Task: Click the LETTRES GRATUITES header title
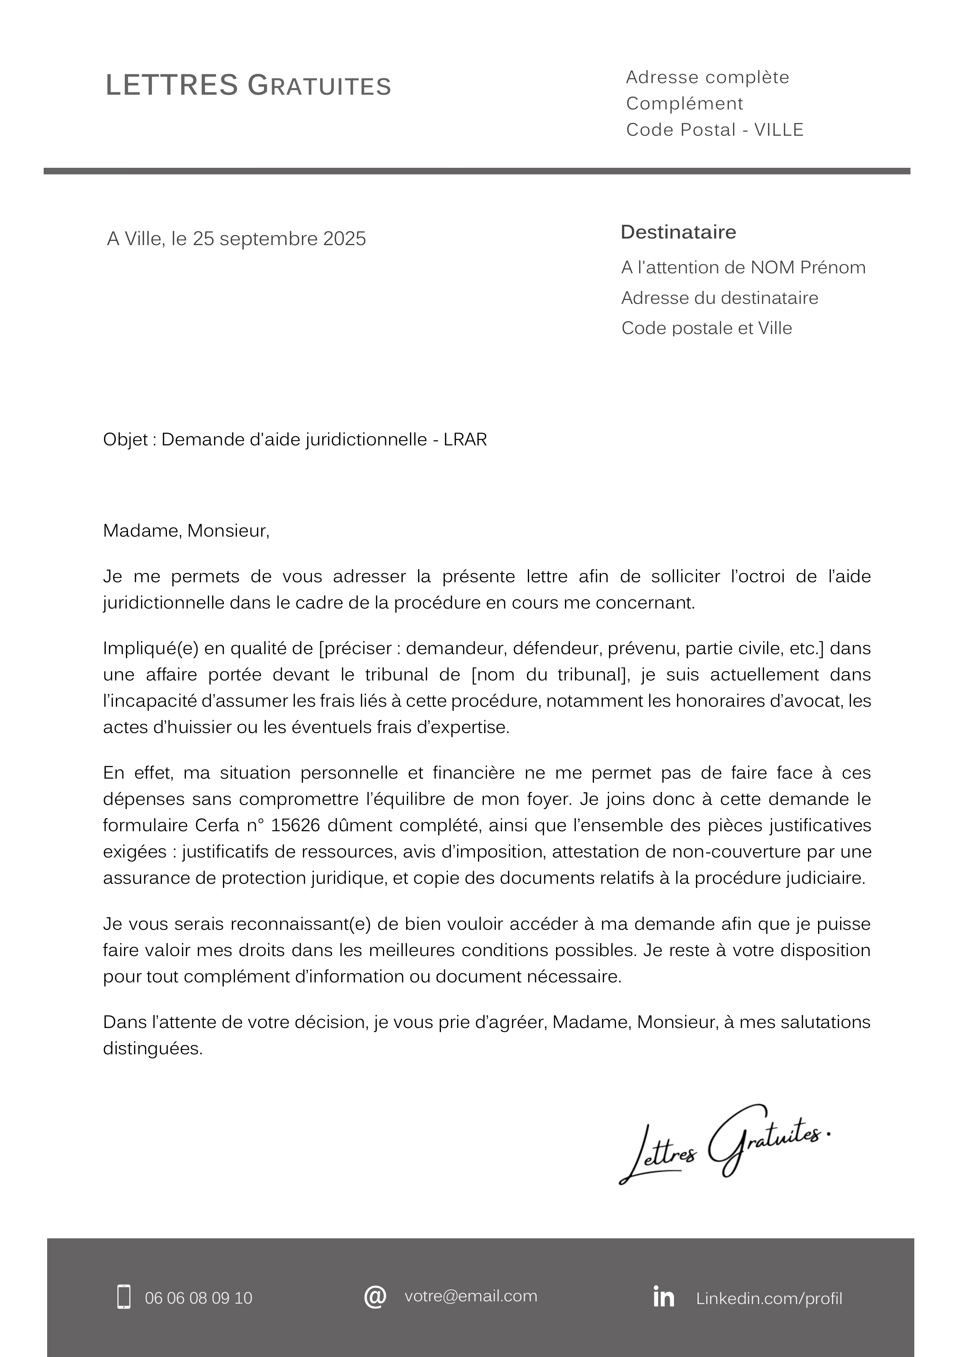[248, 86]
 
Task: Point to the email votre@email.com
[471, 1296]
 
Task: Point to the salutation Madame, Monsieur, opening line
[186, 531]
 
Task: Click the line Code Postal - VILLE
[715, 130]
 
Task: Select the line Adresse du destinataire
[720, 298]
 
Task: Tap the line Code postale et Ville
[706, 328]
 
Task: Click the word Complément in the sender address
[684, 104]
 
